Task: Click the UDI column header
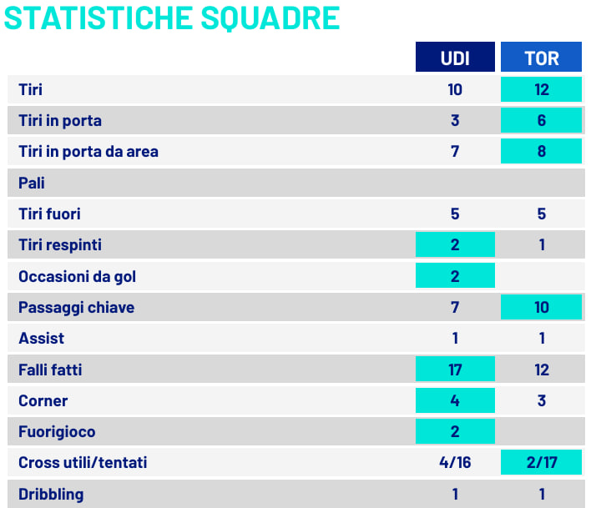(x=455, y=58)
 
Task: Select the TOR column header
(x=541, y=58)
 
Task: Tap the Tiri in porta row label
(x=60, y=121)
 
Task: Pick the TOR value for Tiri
(x=541, y=90)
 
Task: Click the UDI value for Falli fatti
(x=455, y=370)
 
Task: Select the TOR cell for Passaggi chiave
(x=541, y=308)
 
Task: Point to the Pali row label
(x=32, y=183)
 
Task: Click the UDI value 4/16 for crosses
(x=455, y=462)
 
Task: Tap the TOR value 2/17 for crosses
(x=541, y=462)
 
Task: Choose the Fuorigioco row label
(x=57, y=432)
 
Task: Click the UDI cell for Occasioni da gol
(x=455, y=276)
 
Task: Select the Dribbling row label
(x=51, y=494)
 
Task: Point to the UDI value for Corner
(x=455, y=400)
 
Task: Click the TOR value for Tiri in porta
(x=541, y=121)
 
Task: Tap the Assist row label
(x=41, y=339)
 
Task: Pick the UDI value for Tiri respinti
(x=455, y=245)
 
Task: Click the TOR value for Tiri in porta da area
(x=541, y=152)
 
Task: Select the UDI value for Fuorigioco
(x=455, y=432)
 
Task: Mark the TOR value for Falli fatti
(x=541, y=370)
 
